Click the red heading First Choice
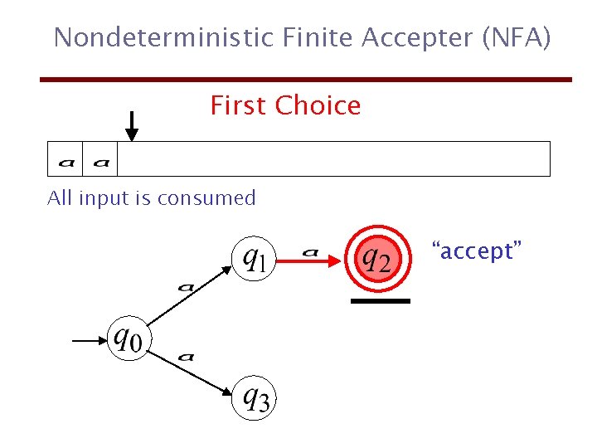pos(285,106)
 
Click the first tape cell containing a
pos(66,159)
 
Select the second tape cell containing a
pos(100,159)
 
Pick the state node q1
pos(255,259)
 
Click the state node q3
pos(255,398)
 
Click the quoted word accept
pos(476,251)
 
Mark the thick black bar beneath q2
pos(381,301)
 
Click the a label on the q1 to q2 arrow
pos(311,250)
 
